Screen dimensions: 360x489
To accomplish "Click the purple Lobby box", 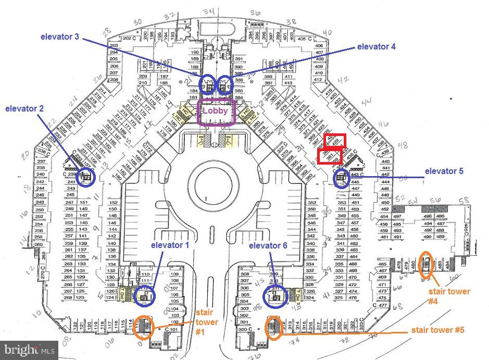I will (x=217, y=111).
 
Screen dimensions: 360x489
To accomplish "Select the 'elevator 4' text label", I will (x=373, y=46).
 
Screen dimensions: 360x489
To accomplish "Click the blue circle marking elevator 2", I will (x=85, y=177).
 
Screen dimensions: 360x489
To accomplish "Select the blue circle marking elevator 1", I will (x=144, y=297).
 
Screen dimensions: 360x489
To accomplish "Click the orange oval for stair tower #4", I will (x=426, y=264).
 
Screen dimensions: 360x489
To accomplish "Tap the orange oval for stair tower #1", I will (x=144, y=327).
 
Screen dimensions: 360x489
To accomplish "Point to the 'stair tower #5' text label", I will (x=437, y=330).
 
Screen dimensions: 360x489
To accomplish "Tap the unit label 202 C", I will (x=129, y=39).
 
